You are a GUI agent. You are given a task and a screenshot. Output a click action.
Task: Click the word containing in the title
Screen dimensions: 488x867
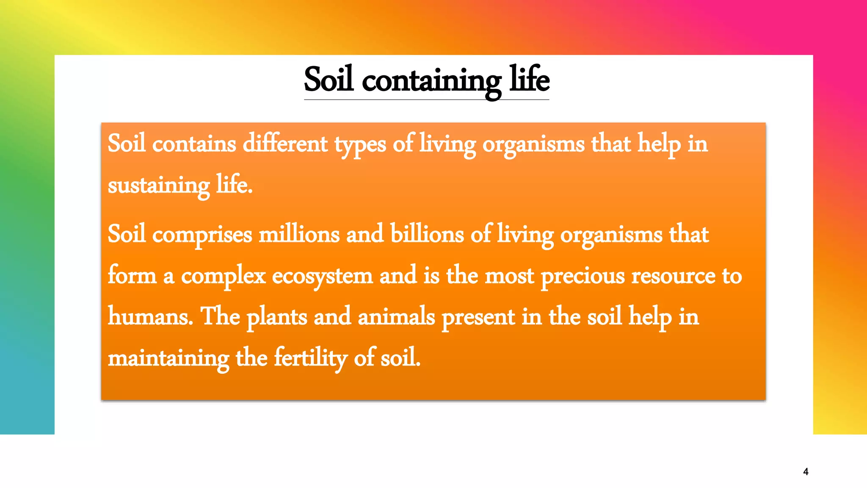[431, 80]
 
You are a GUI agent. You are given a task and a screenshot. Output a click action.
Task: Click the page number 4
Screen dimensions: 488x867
[806, 471]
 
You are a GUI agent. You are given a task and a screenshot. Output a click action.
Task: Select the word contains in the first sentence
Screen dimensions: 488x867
[194, 144]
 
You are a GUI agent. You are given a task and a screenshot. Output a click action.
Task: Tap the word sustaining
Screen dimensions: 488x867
[158, 186]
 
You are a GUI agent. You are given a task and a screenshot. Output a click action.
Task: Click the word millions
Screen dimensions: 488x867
[299, 234]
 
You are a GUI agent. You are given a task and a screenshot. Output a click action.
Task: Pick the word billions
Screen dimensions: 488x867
[427, 234]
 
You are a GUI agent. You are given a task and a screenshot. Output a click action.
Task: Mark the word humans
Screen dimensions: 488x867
[150, 317]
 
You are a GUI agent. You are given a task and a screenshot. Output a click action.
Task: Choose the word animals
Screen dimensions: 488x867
[396, 317]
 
